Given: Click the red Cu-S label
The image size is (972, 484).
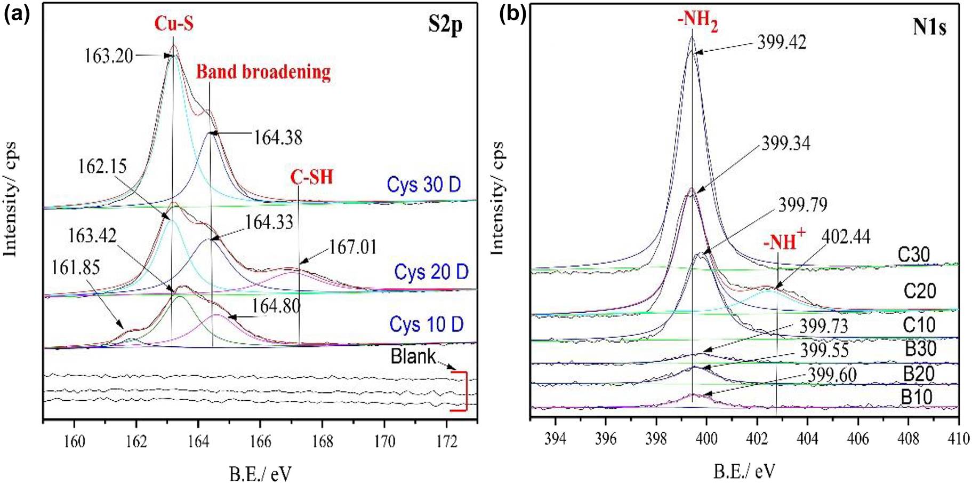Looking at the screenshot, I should click(174, 24).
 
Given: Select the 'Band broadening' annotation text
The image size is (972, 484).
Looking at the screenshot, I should click(263, 72).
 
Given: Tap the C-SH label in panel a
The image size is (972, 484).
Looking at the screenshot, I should click(311, 177).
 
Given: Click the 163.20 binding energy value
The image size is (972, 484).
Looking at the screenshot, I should click(109, 55).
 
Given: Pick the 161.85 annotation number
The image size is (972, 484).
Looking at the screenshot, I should click(76, 267).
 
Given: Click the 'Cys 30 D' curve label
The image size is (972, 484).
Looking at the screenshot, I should click(424, 185).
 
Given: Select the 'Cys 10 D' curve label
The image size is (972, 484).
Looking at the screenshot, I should click(426, 324).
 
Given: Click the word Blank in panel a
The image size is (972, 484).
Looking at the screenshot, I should click(413, 356).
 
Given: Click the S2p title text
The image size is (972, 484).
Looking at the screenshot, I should click(445, 26).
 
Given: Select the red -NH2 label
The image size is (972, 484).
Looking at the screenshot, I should click(695, 23).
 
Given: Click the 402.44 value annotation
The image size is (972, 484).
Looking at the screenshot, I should click(846, 236).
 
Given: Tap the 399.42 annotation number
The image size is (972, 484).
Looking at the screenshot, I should click(782, 42).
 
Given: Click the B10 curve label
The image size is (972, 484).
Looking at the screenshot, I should click(917, 398).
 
